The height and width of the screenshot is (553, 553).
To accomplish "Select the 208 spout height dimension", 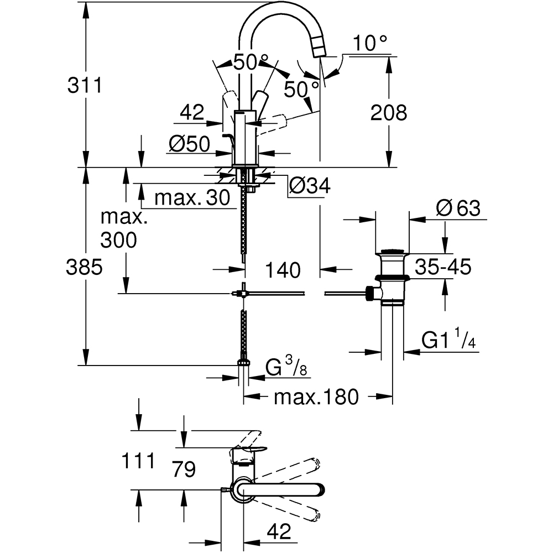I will (x=388, y=112).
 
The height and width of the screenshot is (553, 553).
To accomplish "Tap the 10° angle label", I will (x=370, y=43).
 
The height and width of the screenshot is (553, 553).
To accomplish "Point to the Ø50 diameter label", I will (x=189, y=144).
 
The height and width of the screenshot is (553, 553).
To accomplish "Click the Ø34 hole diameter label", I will (x=309, y=186).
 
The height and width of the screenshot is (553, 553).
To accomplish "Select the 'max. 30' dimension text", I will (x=191, y=197).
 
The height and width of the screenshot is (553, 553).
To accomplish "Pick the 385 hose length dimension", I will (x=84, y=268).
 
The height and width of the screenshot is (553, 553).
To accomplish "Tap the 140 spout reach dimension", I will (x=282, y=270).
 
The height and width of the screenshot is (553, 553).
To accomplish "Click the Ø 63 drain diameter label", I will (x=457, y=208).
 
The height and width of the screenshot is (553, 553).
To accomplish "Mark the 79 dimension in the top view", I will (x=184, y=469).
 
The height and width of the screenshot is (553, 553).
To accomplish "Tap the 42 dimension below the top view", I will (x=278, y=532).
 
